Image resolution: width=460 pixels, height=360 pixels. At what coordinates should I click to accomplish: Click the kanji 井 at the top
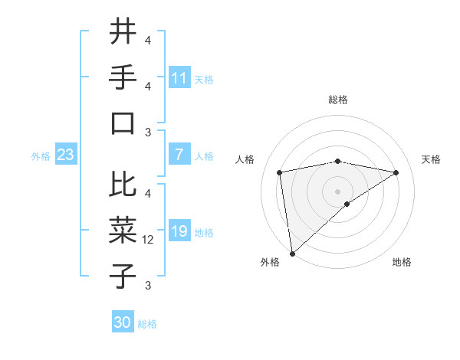tap(123, 32)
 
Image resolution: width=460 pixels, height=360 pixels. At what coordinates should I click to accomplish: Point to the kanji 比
tap(123, 185)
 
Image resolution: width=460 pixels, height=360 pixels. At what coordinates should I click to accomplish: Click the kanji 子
tap(123, 276)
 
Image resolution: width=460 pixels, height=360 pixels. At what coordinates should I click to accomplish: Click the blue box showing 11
tap(179, 77)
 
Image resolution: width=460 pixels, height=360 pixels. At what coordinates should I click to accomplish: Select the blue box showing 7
tap(179, 155)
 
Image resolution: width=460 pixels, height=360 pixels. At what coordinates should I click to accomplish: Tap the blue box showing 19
tap(179, 231)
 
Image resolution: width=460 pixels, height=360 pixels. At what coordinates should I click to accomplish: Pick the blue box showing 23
tap(66, 155)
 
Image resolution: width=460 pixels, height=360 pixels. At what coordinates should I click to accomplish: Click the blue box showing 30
tap(123, 322)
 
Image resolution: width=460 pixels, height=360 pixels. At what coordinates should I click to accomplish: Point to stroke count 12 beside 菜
tap(149, 240)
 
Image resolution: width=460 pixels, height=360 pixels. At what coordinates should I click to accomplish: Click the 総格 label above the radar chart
tap(338, 100)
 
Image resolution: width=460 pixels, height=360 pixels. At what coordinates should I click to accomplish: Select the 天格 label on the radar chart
tap(431, 159)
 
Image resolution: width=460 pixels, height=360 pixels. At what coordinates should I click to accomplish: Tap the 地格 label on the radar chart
tap(402, 262)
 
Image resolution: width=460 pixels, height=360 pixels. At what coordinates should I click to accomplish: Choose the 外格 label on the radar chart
tap(270, 262)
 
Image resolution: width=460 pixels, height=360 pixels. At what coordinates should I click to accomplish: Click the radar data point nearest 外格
tap(292, 253)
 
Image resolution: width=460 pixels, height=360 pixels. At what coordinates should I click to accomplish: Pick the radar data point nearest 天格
tap(396, 172)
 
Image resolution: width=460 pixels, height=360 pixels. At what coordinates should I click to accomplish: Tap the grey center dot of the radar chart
tap(337, 191)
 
